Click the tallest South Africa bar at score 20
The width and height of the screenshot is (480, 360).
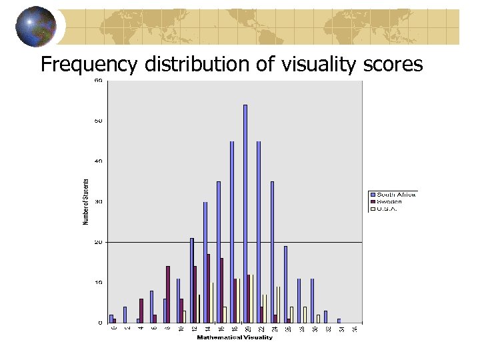[x=245, y=213]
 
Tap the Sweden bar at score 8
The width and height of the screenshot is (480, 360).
[x=168, y=294]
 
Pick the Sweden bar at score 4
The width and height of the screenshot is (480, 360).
[x=141, y=311]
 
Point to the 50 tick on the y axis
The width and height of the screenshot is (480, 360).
[x=99, y=121]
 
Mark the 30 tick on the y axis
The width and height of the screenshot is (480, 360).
[x=99, y=201]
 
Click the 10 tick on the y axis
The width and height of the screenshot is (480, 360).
[x=99, y=283]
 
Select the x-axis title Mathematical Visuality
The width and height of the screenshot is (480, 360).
[x=235, y=337]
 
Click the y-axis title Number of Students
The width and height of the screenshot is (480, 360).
[x=86, y=202]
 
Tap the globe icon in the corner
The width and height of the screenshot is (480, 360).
[x=37, y=27]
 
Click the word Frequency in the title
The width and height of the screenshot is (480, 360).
[x=87, y=65]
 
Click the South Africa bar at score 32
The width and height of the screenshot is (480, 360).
[x=325, y=317]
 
